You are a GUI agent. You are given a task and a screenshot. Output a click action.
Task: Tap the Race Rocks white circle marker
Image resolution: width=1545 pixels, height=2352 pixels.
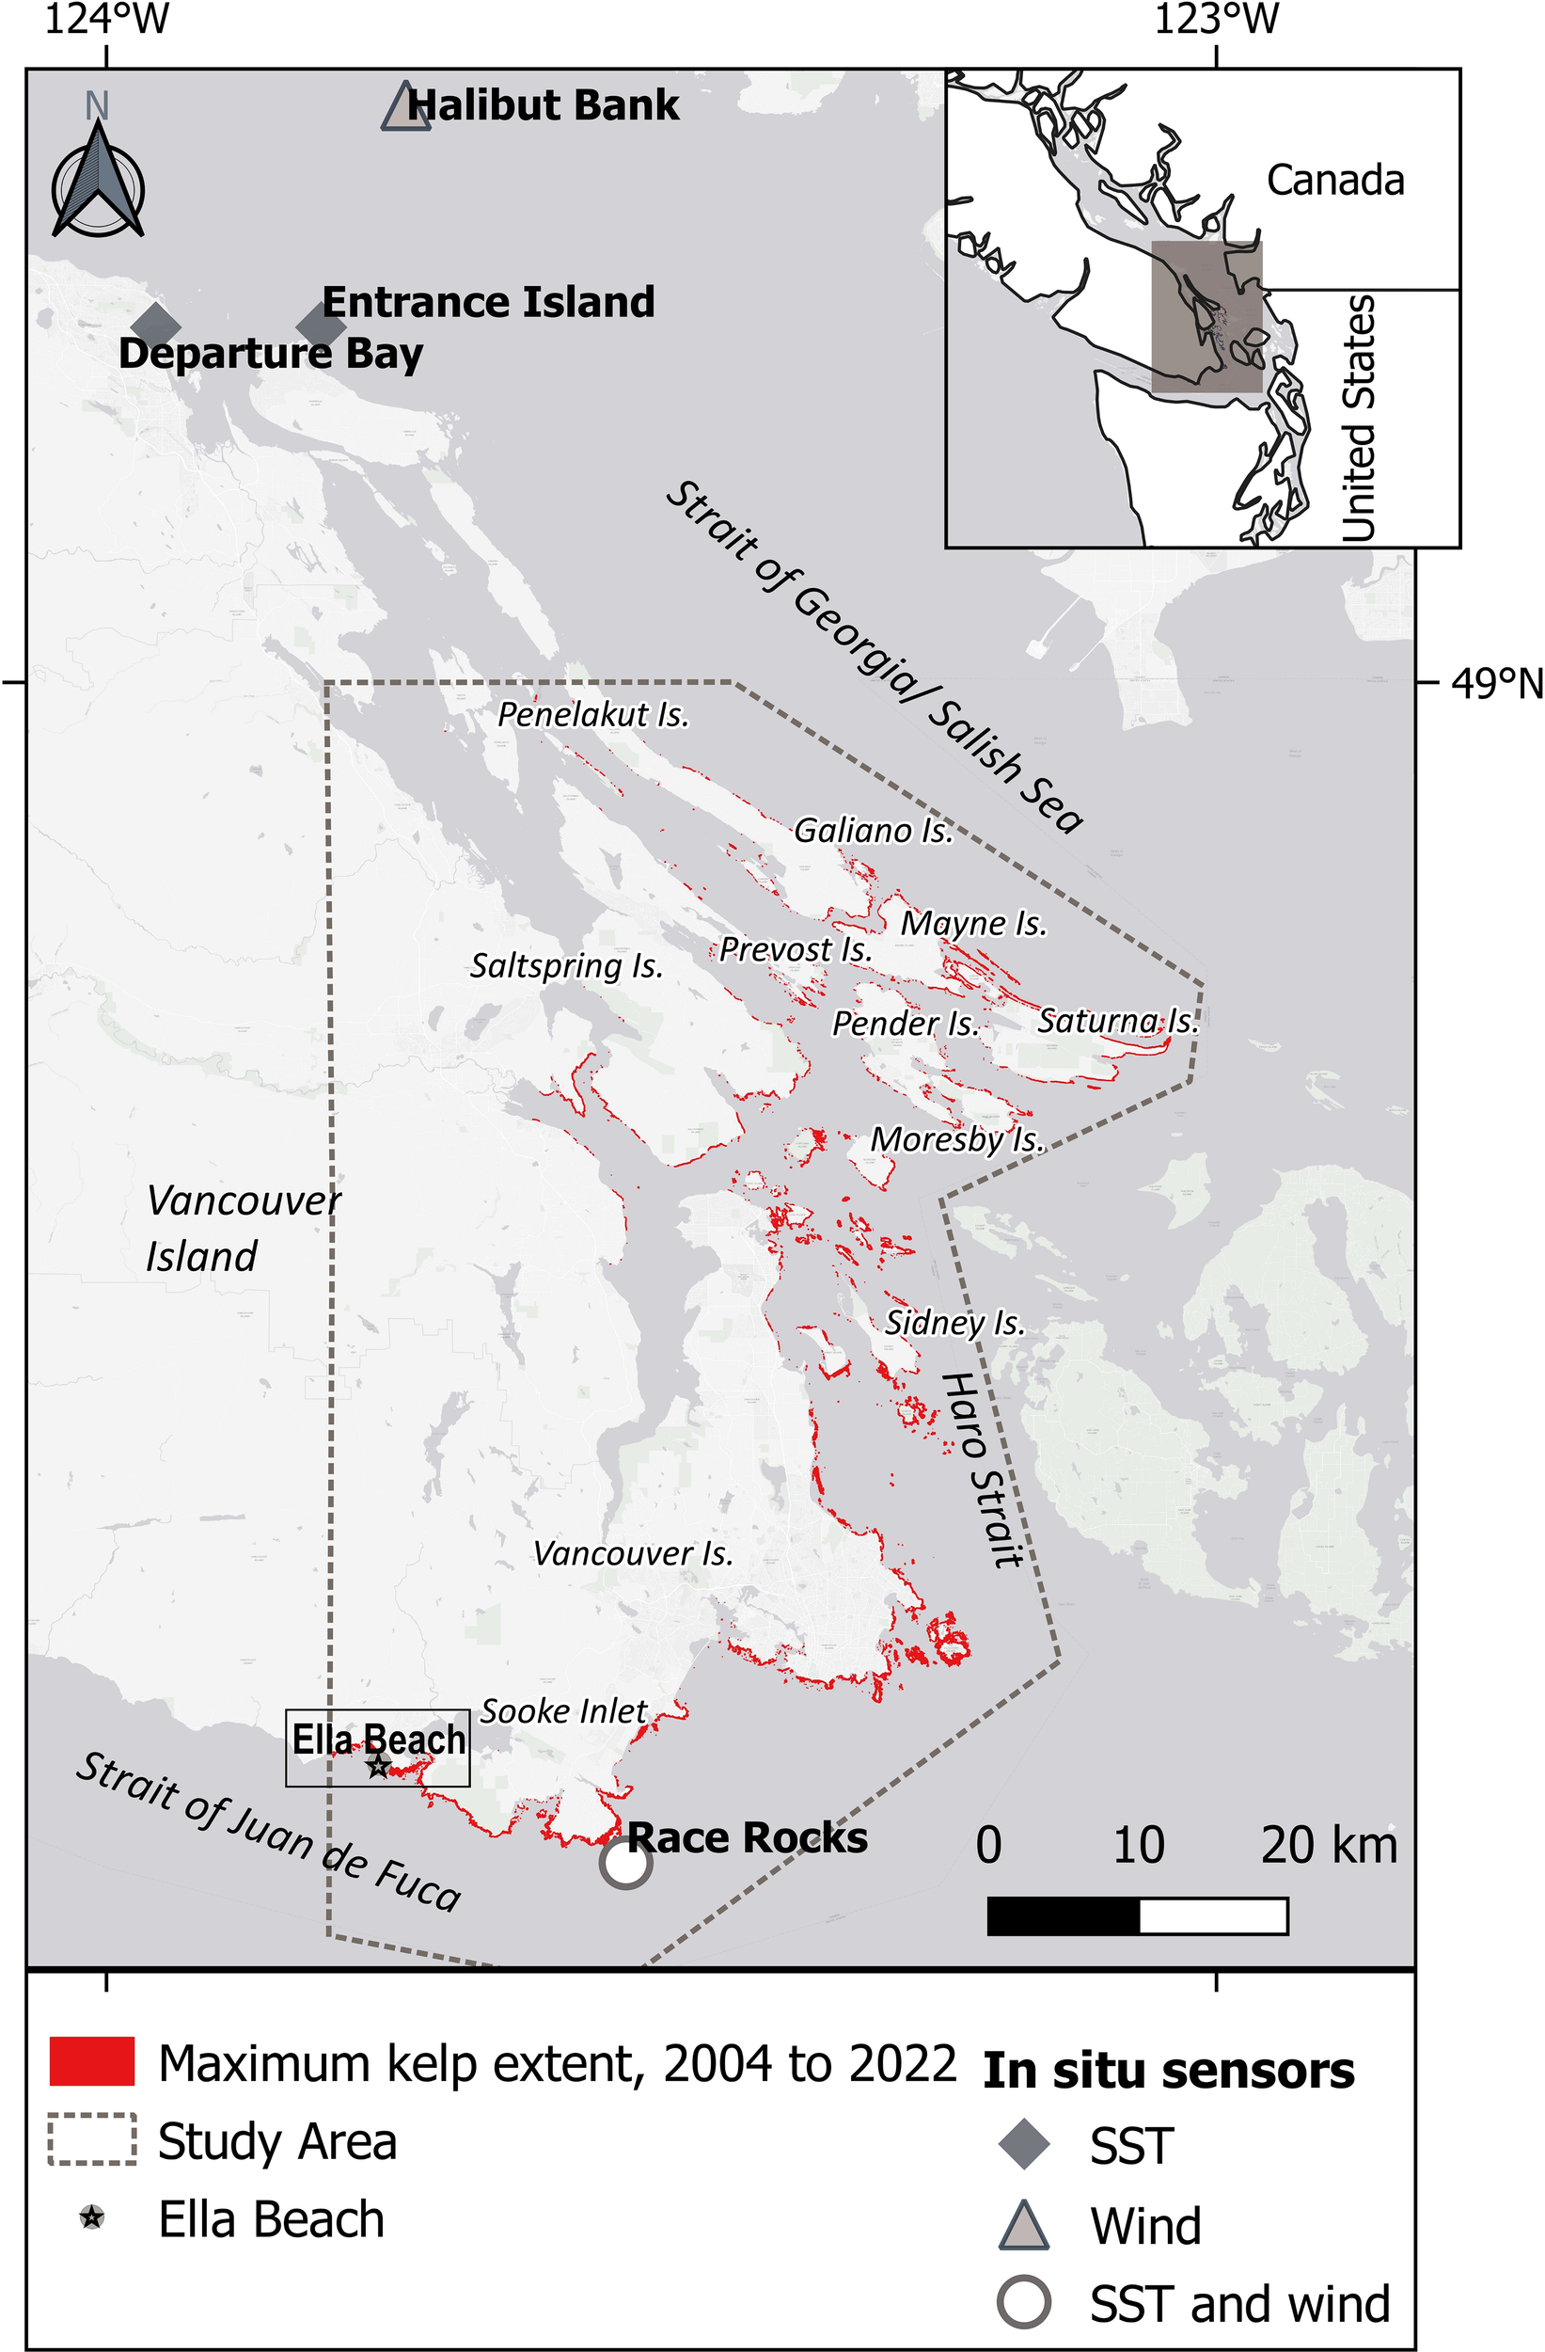(625, 1863)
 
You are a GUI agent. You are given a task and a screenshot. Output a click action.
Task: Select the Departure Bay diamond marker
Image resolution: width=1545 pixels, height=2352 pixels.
(156, 326)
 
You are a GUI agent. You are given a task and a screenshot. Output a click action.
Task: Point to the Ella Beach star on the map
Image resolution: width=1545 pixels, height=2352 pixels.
(377, 1766)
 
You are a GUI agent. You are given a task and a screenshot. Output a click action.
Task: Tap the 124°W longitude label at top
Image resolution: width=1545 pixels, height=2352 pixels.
(106, 20)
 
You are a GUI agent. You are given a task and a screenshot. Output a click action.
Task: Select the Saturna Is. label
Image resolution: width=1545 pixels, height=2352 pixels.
(1116, 1021)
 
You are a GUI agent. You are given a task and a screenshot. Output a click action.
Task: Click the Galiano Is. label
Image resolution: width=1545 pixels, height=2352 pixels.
(874, 831)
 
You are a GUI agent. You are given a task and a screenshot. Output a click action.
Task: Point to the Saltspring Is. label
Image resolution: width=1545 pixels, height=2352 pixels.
(566, 965)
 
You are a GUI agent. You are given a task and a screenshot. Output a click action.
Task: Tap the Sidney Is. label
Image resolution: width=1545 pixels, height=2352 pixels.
(954, 1322)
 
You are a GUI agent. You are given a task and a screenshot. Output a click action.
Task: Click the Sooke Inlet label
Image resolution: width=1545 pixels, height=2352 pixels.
(563, 1711)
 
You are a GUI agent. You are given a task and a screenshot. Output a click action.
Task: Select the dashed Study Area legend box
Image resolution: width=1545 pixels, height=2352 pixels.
(92, 2140)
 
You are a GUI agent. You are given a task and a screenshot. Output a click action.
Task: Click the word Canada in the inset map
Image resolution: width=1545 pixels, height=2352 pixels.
(1334, 181)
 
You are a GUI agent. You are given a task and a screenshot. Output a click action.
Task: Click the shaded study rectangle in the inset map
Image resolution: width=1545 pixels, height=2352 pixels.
(1206, 316)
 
